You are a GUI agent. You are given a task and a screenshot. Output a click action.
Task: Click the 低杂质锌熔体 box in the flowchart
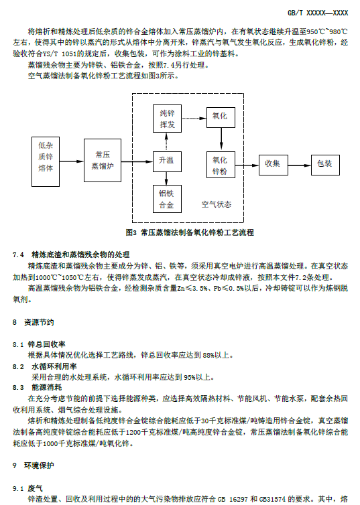coord(46,161)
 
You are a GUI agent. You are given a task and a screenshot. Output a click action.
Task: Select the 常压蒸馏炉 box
coord(103,160)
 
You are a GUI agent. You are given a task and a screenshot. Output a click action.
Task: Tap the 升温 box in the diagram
coord(167,161)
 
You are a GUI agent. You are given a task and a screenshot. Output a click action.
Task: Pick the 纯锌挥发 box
coord(167,119)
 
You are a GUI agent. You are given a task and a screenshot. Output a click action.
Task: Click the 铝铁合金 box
coord(167,199)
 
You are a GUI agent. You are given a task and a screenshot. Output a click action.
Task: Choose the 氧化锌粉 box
coord(221,165)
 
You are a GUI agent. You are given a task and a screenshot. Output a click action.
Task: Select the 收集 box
coord(274,165)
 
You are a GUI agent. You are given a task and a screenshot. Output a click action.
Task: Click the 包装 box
coord(325,165)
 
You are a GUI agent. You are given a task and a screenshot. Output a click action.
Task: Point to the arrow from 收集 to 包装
coord(300,165)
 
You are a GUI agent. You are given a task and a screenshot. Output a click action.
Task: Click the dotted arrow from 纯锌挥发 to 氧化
coord(194,119)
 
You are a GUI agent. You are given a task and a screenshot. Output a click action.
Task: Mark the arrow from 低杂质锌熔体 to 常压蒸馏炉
coord(72,161)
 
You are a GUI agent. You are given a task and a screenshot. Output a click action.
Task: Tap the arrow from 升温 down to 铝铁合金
coord(167,178)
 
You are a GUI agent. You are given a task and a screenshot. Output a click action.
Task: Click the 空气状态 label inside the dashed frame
coord(217,204)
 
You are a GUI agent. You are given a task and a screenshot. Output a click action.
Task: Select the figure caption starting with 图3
coord(190,232)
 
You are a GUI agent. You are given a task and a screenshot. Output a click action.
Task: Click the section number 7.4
coord(18,255)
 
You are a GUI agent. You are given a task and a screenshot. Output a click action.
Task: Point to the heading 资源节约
coord(39,322)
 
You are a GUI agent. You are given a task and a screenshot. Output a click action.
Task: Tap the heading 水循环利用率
coord(54,366)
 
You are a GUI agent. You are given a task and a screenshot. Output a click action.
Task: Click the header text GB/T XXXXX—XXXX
coord(318,13)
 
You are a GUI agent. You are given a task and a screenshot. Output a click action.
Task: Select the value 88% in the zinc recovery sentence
coord(208,355)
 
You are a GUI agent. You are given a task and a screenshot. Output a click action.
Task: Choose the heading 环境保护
coord(39,465)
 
